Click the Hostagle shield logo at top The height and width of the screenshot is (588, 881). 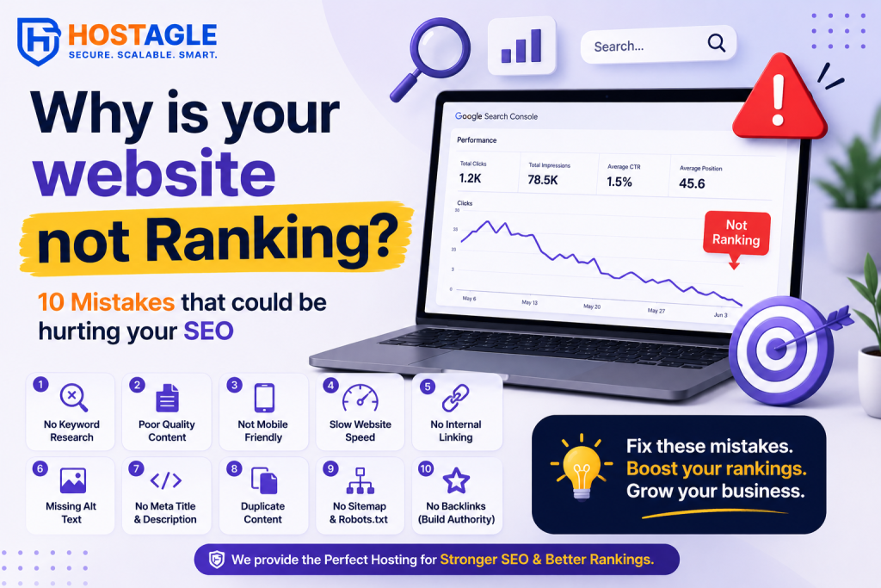38,41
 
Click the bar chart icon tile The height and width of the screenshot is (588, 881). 521,46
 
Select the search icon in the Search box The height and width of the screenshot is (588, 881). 717,43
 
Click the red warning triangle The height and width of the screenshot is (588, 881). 779,98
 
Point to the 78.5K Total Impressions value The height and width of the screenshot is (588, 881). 543,180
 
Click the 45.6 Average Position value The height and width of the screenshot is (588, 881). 692,183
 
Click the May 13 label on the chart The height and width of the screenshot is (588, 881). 529,302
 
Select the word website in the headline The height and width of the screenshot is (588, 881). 155,173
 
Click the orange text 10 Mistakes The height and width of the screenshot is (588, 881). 106,302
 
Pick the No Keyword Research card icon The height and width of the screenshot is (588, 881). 74,398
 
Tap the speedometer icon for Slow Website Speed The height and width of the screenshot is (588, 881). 360,398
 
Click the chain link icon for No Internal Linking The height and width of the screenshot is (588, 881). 456,398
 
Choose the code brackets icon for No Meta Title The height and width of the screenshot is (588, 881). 166,480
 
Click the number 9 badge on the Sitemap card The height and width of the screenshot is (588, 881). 330,468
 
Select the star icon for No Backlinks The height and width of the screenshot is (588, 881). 456,480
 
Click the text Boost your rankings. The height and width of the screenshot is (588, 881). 717,468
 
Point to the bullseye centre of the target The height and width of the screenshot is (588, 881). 777,348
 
